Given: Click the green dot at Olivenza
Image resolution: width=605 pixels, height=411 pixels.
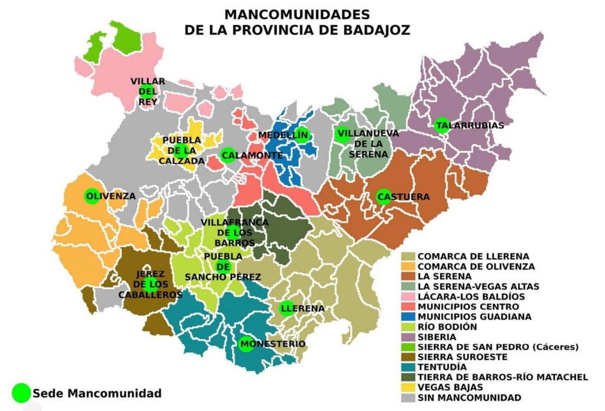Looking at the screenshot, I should coord(92,196).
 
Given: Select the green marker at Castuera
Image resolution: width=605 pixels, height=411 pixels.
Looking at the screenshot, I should coord(383,197).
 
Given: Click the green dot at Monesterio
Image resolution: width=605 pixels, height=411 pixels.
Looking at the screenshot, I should coord(246,344).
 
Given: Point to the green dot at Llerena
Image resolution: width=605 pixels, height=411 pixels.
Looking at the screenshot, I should coord(287,309).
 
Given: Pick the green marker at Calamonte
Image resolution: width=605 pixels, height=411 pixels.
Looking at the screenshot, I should coord(227,156).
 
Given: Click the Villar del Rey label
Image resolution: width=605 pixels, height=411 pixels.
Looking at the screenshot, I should coord(148,91).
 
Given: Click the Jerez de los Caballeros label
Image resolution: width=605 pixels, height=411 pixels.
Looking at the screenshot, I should coord(150,284).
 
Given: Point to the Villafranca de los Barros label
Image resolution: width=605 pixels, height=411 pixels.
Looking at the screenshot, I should coord(234,232).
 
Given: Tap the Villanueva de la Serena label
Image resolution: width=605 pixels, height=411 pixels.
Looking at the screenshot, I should coord(362,143).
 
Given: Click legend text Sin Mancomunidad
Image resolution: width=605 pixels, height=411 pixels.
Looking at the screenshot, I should coord(469,397).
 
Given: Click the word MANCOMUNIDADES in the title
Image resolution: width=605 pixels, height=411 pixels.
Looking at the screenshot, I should coord(297,14).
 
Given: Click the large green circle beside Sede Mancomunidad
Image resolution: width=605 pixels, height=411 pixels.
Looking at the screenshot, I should coord(21,393).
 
